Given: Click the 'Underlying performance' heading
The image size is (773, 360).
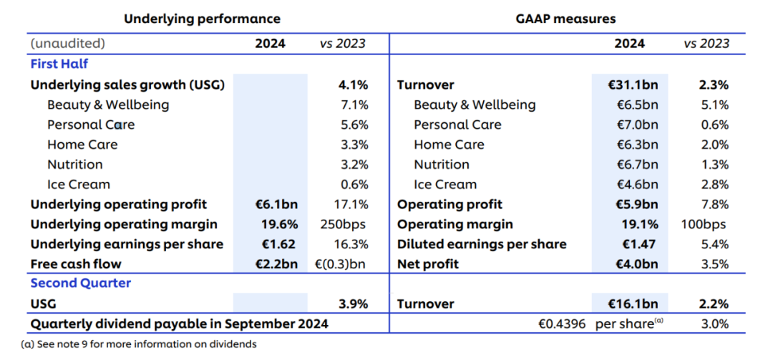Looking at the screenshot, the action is coord(202,19).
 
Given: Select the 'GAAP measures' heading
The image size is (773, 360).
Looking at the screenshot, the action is coord(566,19).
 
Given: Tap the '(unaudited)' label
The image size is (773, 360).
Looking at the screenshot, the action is coord(68,44).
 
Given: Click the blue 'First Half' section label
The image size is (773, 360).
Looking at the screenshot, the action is coord(59,64).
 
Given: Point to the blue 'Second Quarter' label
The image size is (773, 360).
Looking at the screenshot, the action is coord(81,283).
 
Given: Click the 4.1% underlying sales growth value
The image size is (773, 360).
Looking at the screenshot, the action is coord(352,85).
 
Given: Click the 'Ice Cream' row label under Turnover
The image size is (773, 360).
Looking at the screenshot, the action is coord(445,185).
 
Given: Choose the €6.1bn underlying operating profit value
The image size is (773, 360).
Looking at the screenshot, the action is coord(276,204).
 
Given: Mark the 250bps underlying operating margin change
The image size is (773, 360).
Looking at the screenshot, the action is coord(343,225).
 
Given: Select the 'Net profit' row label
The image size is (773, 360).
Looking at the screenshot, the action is coord(428,264).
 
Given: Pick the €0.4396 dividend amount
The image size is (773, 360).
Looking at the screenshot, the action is coord(562,324).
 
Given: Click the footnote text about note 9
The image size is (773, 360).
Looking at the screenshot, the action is coord(139,344).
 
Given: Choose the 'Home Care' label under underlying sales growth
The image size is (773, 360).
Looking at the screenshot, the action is coord(82,145).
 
